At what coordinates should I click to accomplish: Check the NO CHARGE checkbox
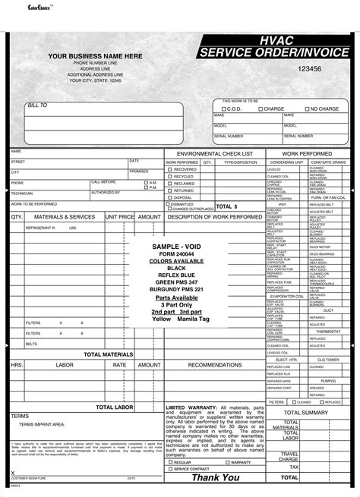tap(306, 109)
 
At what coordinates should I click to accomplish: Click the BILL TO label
tap(37, 105)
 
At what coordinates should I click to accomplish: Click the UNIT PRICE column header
tap(119, 216)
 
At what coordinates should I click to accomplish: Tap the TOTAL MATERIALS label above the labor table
tap(108, 354)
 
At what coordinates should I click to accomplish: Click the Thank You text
tap(215, 477)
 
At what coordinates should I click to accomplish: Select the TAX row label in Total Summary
tap(290, 468)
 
